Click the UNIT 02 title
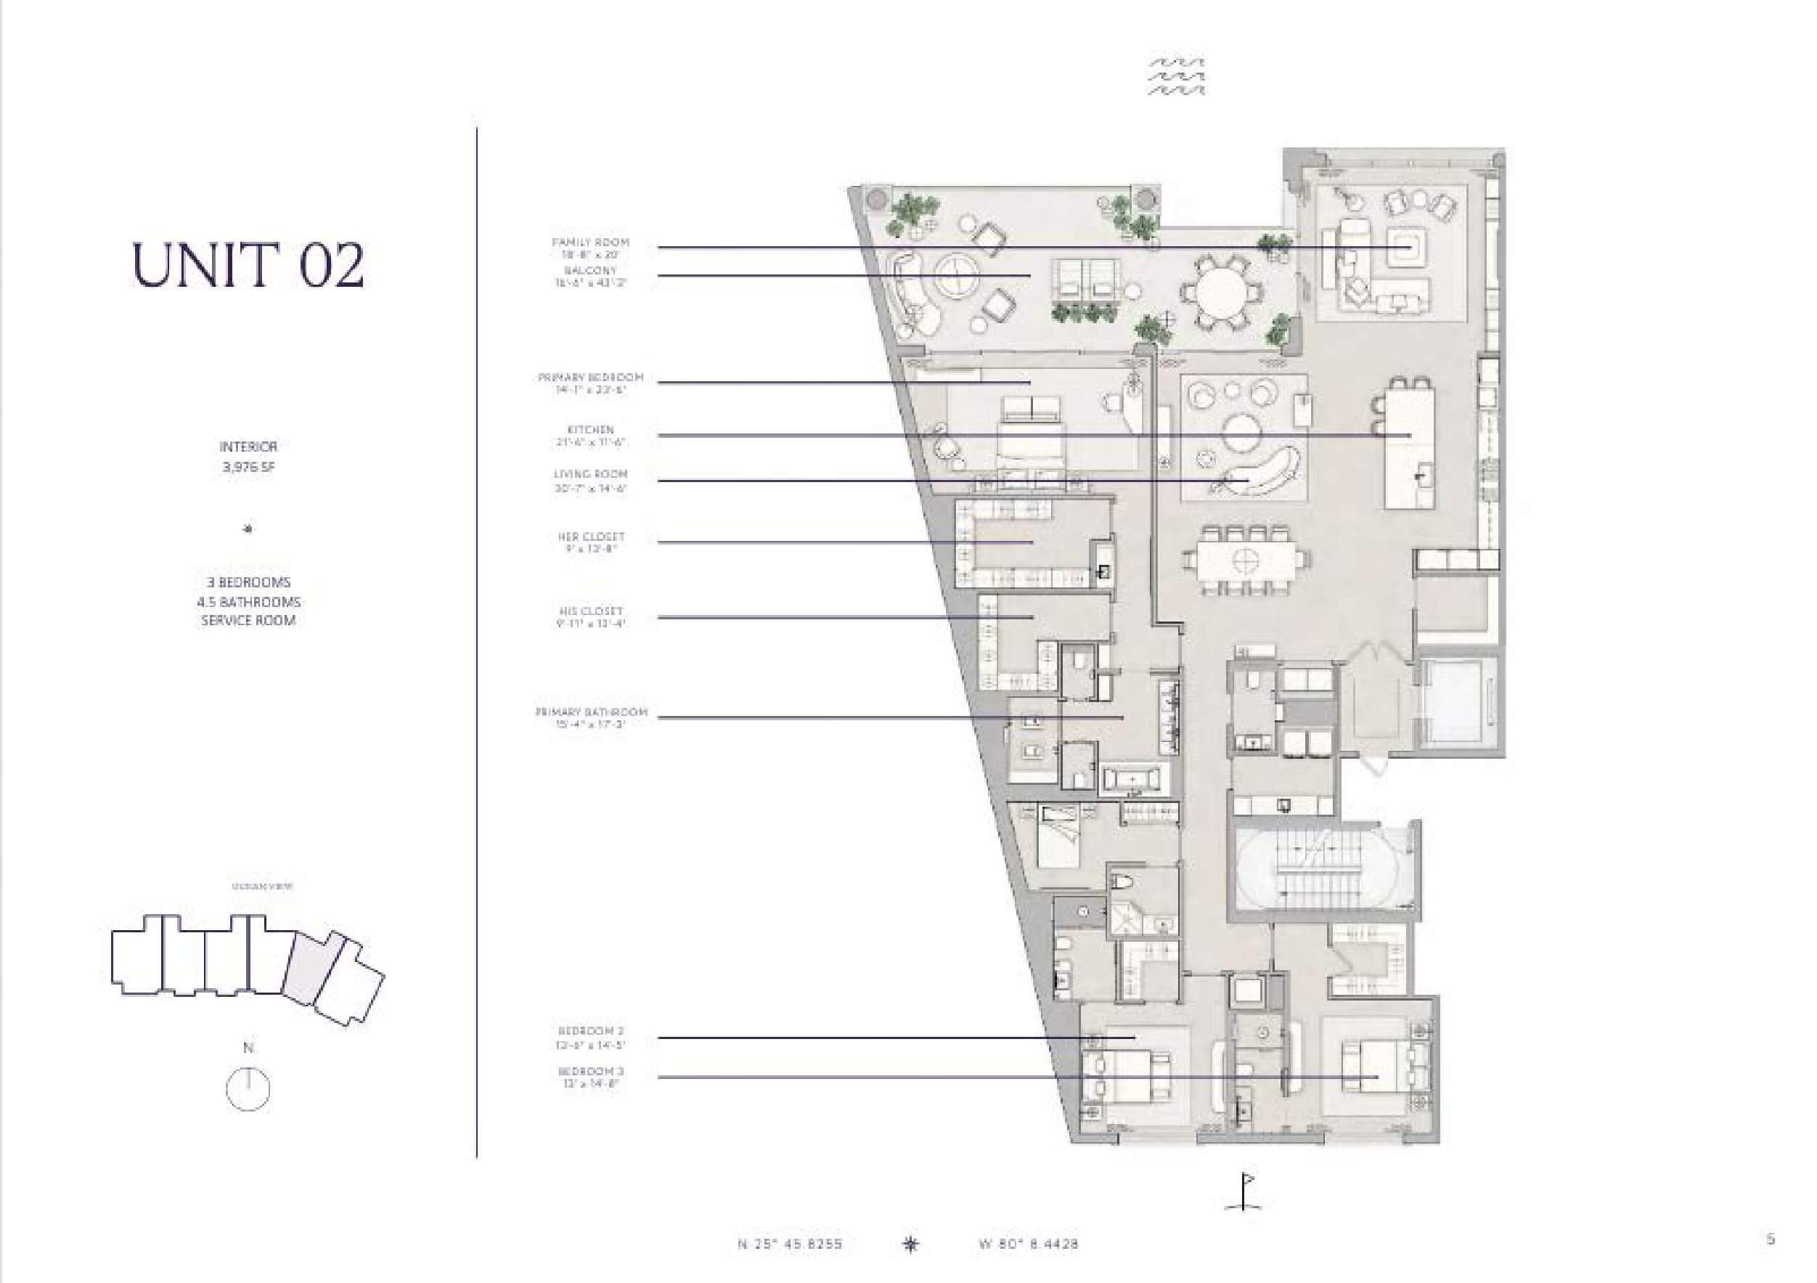[248, 264]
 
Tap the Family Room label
[590, 243]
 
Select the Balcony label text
[590, 271]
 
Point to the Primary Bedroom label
[590, 378]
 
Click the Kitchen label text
[590, 430]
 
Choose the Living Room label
[590, 474]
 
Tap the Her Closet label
[590, 537]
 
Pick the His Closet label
[590, 611]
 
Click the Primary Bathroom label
[590, 712]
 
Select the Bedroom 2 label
[590, 1031]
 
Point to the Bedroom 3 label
[590, 1072]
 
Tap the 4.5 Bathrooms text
[248, 601]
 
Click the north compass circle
[248, 1089]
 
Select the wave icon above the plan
[1177, 77]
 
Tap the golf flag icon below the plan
[1244, 1192]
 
